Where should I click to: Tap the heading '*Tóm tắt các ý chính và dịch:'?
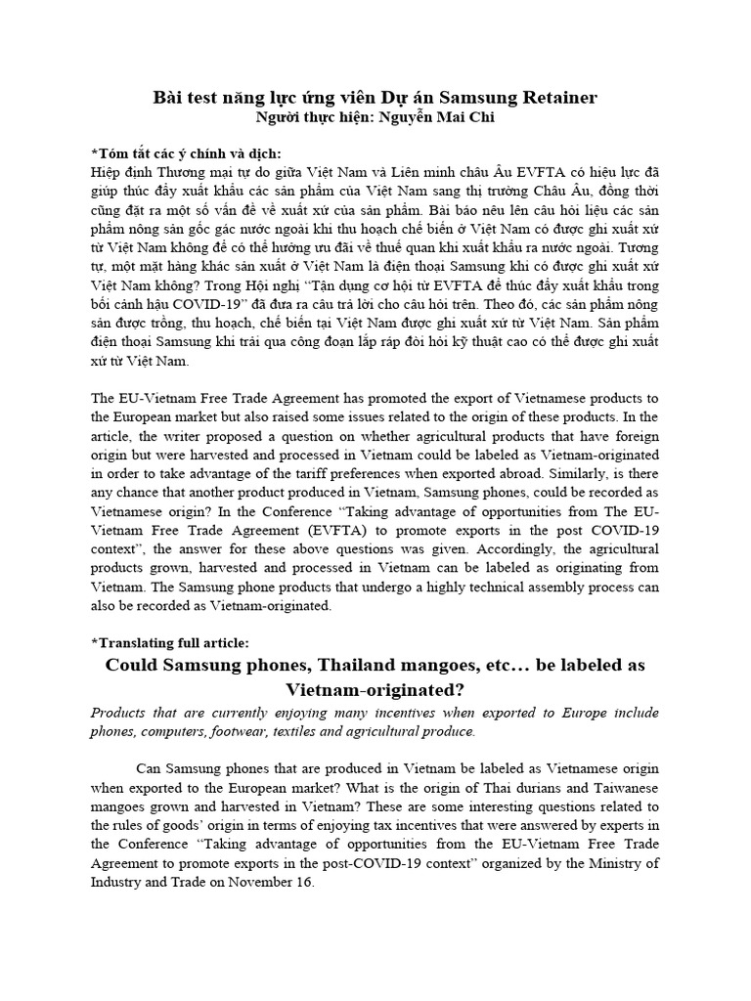tap(185, 153)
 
